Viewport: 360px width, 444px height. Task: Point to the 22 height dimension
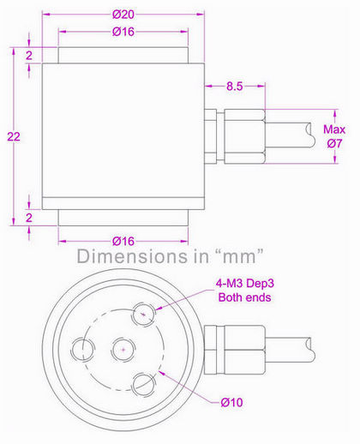tap(10, 138)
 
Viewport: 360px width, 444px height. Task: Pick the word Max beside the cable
tap(333, 129)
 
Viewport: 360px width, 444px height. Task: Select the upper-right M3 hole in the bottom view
tap(142, 317)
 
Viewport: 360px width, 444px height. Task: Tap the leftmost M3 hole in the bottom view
tap(84, 348)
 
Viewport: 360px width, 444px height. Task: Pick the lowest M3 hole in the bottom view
tap(142, 382)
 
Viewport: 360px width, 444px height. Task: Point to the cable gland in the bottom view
tap(225, 348)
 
